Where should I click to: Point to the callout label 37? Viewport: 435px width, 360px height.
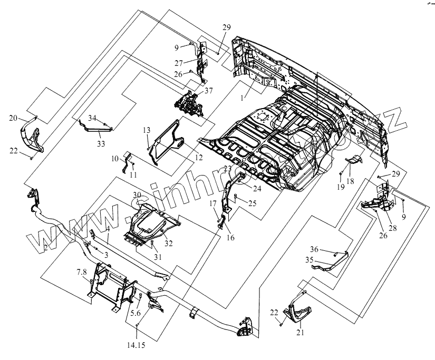pyautogui.click(x=209, y=91)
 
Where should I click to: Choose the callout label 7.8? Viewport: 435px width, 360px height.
pyautogui.click(x=81, y=271)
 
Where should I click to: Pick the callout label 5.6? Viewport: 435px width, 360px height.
pyautogui.click(x=136, y=313)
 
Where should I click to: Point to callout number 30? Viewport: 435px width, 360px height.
pyautogui.click(x=138, y=195)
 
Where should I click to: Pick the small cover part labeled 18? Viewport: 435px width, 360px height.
pyautogui.click(x=355, y=160)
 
